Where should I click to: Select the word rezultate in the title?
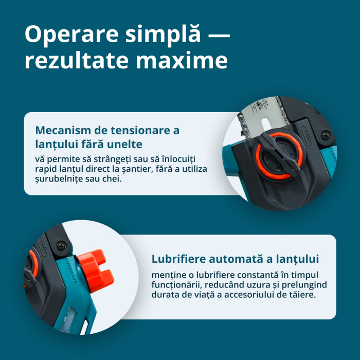77,61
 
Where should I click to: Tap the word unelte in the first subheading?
125,143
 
